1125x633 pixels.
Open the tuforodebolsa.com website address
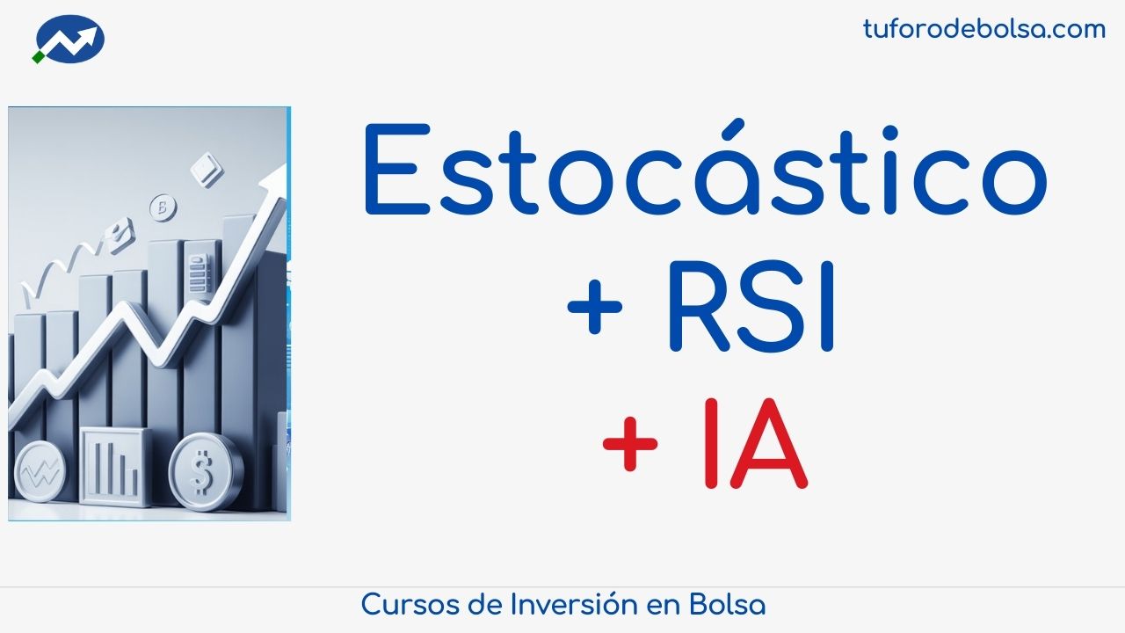click(983, 29)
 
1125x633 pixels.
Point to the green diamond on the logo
click(38, 57)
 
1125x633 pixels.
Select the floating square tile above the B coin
click(207, 169)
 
